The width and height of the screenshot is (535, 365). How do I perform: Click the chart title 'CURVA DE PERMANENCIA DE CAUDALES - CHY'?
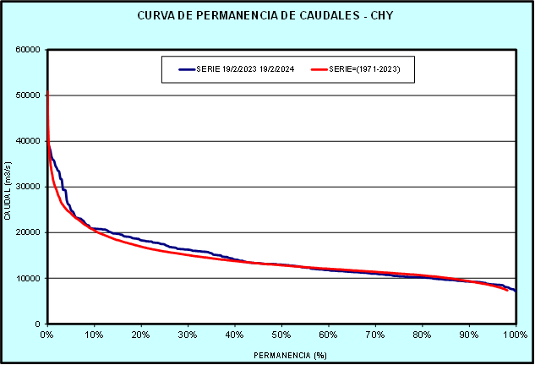click(267, 16)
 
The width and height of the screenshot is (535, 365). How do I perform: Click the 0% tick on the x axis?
click(47, 335)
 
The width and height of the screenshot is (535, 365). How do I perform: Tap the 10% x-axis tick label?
click(94, 335)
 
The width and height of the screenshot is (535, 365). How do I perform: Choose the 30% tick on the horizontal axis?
click(188, 335)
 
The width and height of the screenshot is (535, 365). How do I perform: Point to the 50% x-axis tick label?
click(281, 335)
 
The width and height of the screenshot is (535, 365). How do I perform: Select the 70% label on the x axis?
click(375, 335)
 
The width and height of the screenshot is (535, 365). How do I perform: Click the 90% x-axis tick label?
click(469, 335)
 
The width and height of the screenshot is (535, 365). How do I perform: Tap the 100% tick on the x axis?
click(515, 335)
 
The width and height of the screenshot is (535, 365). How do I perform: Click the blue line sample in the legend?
click(185, 70)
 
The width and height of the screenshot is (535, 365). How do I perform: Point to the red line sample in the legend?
click(319, 70)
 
